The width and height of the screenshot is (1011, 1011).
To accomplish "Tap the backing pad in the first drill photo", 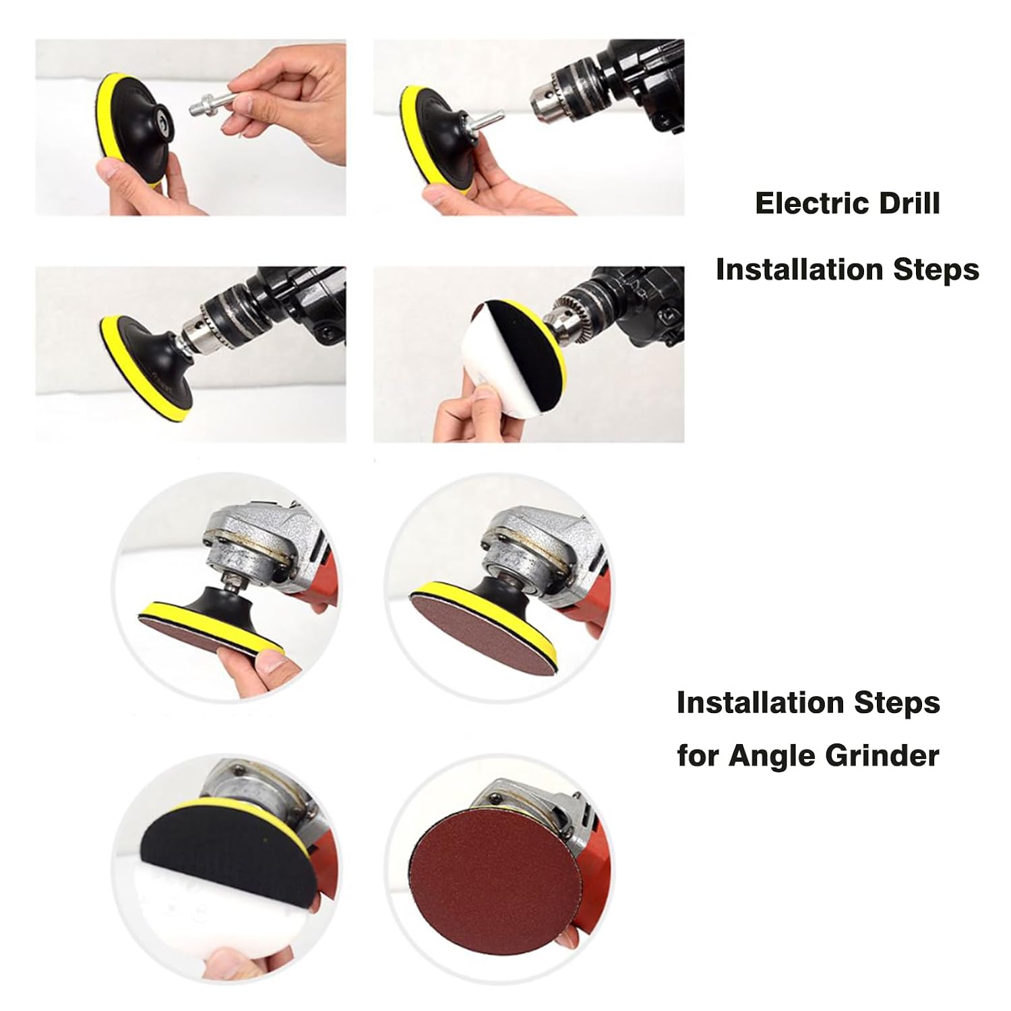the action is pos(132,131).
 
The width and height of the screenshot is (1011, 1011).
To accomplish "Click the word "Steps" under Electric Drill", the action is pos(936,270).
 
